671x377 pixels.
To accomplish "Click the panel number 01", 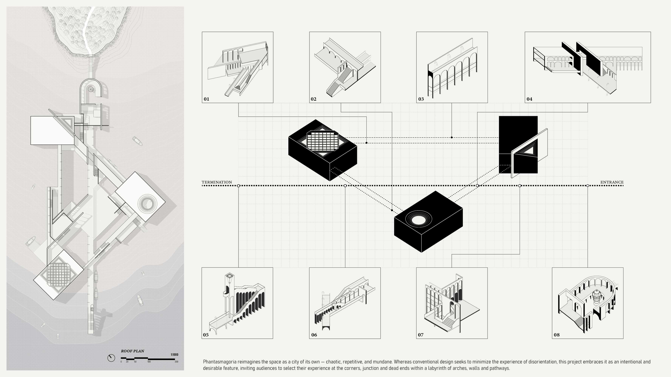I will [x=206, y=99].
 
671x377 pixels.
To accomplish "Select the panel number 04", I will [x=529, y=99].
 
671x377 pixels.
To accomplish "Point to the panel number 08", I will [x=557, y=335].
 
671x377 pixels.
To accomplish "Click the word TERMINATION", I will [x=217, y=182].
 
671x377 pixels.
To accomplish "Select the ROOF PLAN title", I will [x=132, y=351].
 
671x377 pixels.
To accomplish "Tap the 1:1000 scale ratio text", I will [x=175, y=355].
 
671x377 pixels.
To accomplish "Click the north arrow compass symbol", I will [x=111, y=358].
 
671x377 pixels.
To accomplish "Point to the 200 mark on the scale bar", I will [x=176, y=362].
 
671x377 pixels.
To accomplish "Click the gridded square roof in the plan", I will [x=59, y=274].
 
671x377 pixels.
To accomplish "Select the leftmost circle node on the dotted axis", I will [x=238, y=186].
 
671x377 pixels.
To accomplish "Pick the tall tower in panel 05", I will [x=229, y=291].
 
